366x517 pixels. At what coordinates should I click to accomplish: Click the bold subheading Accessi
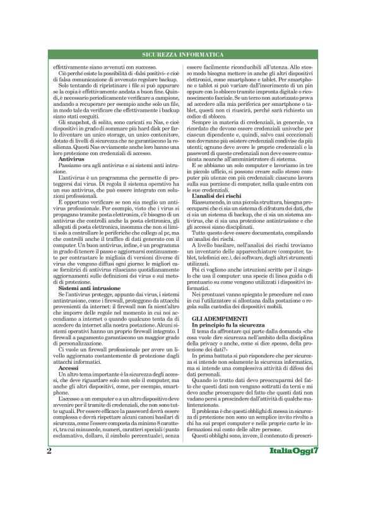click(67, 369)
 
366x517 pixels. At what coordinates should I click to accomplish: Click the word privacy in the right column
click(218, 344)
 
